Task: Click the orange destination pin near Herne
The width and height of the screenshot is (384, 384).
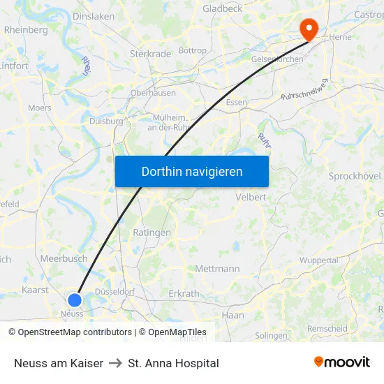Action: (308, 28)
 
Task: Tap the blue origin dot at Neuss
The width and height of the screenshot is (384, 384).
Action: (74, 300)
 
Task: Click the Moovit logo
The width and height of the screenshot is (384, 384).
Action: (341, 362)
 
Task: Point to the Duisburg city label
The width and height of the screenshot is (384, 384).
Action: (106, 121)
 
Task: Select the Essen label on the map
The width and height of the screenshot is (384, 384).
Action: (237, 102)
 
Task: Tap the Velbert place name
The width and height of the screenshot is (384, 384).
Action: (251, 197)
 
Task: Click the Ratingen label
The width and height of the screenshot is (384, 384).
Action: (152, 232)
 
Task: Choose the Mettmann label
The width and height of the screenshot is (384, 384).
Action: (217, 268)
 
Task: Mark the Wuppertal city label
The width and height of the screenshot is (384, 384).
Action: (318, 260)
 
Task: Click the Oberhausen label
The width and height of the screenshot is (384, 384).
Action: (153, 93)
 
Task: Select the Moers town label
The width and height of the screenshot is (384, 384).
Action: (40, 108)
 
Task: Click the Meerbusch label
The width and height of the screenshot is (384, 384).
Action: (64, 258)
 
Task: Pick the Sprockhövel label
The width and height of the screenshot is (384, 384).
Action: (355, 176)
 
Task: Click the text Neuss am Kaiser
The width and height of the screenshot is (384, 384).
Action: (59, 363)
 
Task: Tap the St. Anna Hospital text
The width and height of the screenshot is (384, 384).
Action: (173, 363)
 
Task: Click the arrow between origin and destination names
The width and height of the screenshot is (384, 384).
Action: (115, 363)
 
